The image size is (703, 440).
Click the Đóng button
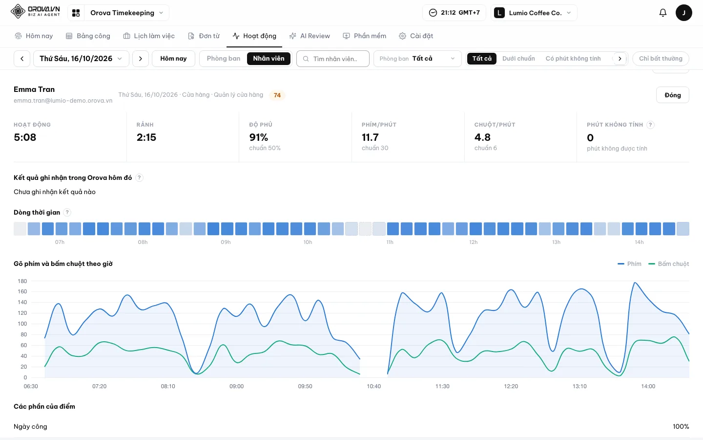672,95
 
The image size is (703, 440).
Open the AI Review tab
310,36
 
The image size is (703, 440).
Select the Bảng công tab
88,36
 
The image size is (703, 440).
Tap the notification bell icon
662,13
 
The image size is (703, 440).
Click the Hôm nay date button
173,59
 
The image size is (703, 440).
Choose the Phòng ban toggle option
224,59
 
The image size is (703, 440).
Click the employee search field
332,59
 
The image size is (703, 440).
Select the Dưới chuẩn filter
518,59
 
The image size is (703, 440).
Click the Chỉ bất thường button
661,59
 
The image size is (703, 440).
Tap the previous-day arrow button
22,59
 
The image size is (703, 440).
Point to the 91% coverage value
259,137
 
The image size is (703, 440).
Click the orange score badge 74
277,95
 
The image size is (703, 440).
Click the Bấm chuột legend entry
668,264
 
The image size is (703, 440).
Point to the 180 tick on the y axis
22,281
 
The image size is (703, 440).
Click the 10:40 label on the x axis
374,386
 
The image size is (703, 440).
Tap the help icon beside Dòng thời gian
67,213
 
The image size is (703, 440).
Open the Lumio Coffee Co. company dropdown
534,13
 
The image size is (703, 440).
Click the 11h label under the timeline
390,242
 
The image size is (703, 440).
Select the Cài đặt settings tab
416,36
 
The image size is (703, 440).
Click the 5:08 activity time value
25,137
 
